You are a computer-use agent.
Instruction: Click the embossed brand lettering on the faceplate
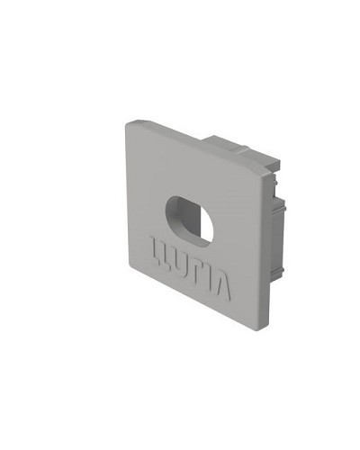191,269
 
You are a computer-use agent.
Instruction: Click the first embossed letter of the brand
155,250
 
